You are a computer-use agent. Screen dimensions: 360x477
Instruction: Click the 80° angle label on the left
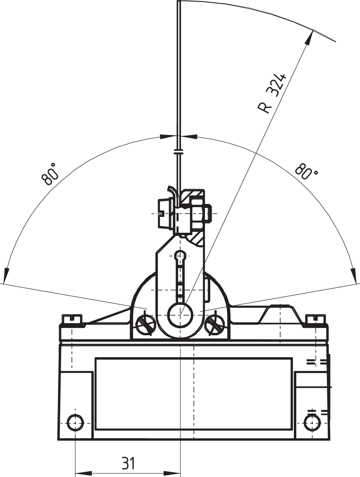[50, 174]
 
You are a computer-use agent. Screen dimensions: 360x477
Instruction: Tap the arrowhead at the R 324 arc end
[310, 38]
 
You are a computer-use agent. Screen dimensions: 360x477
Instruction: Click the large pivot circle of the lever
[180, 315]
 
